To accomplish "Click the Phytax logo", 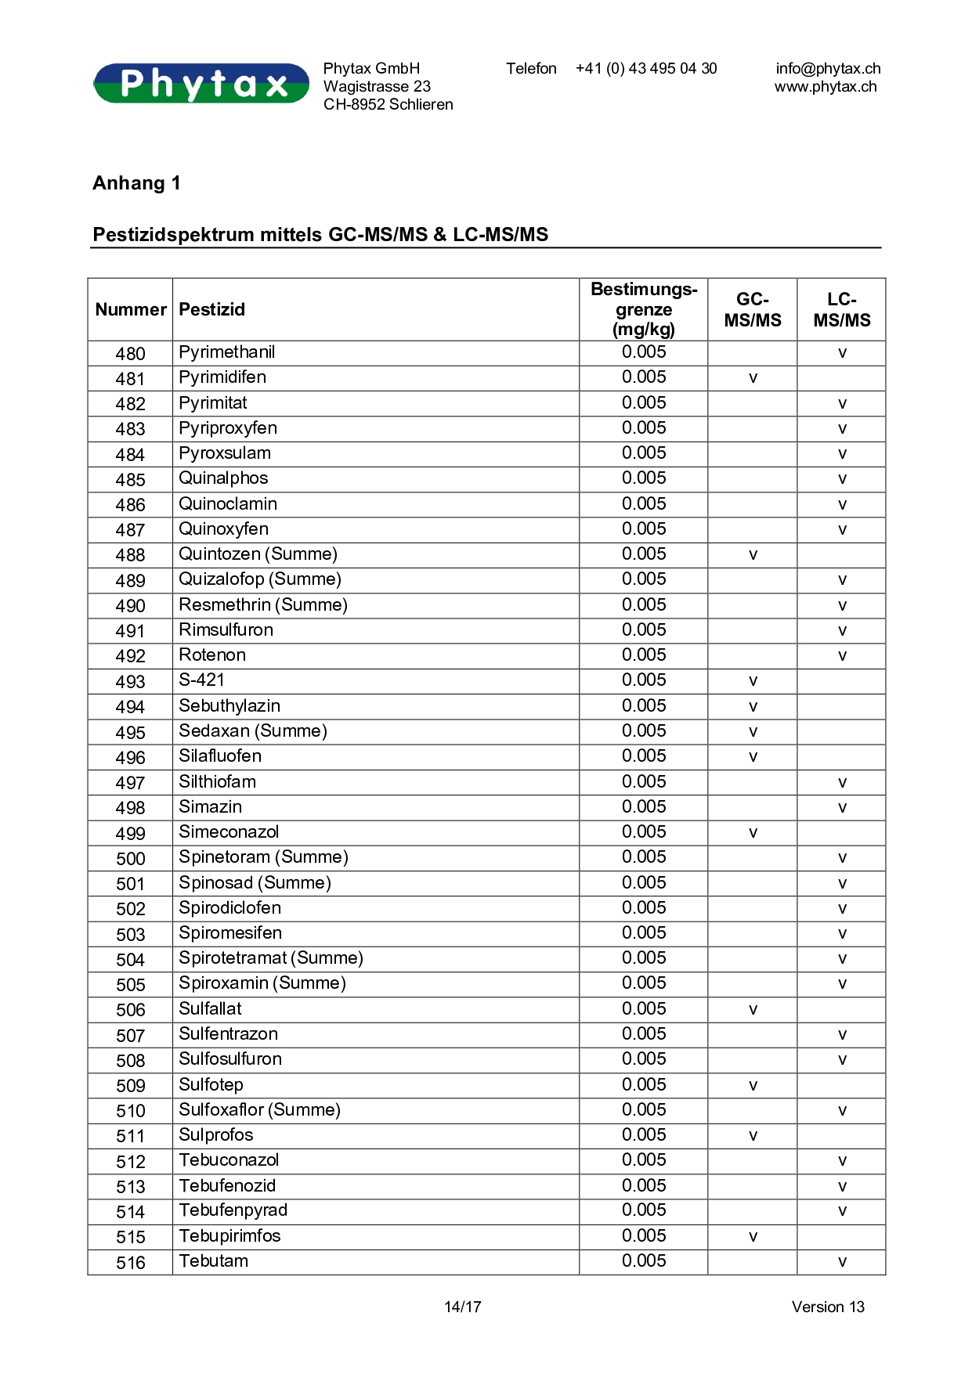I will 201,83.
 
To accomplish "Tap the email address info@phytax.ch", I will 828,69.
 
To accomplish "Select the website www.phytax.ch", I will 826,87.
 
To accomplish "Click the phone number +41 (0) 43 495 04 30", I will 646,69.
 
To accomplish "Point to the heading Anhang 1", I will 136,183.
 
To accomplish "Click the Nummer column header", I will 131,310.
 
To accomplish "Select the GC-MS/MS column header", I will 752,310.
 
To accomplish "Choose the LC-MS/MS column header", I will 841,310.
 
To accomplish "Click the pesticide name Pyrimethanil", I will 226,352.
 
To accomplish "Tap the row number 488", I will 130,555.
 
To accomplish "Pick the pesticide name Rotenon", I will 212,655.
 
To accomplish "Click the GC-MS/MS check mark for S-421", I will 753,681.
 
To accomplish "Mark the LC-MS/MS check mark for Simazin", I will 842,807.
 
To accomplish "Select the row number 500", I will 130,859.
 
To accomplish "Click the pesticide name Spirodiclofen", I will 229,908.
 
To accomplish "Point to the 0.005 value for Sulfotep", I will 644,1085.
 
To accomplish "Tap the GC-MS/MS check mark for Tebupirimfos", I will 753,1237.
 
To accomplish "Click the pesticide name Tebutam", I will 213,1261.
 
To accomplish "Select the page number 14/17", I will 462,1307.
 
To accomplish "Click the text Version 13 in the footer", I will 827,1307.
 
